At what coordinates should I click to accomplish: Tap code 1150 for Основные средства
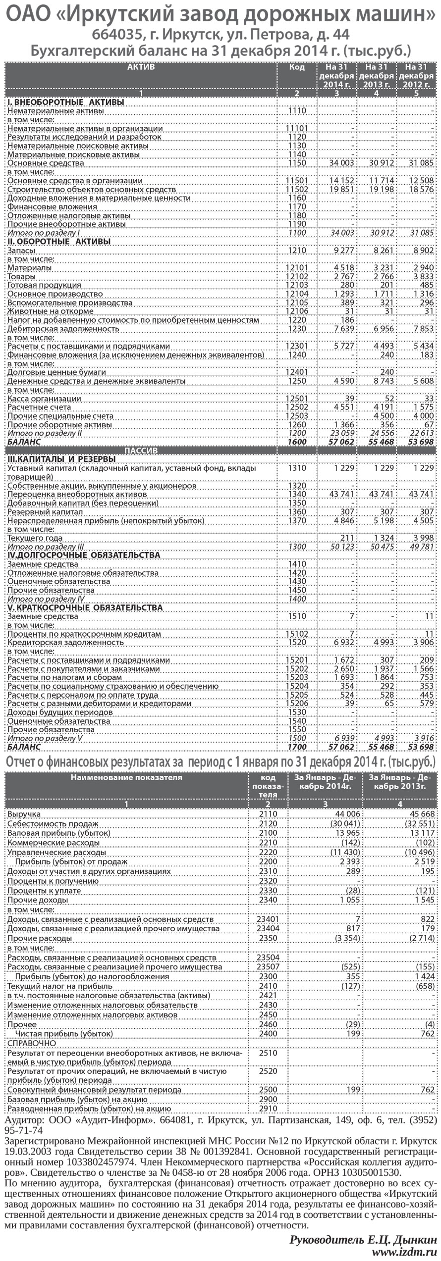tap(297, 163)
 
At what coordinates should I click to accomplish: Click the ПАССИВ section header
tap(140, 451)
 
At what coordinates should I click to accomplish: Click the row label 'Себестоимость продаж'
tap(53, 823)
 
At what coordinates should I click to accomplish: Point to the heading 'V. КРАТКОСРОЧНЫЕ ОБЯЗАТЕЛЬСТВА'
tap(85, 607)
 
